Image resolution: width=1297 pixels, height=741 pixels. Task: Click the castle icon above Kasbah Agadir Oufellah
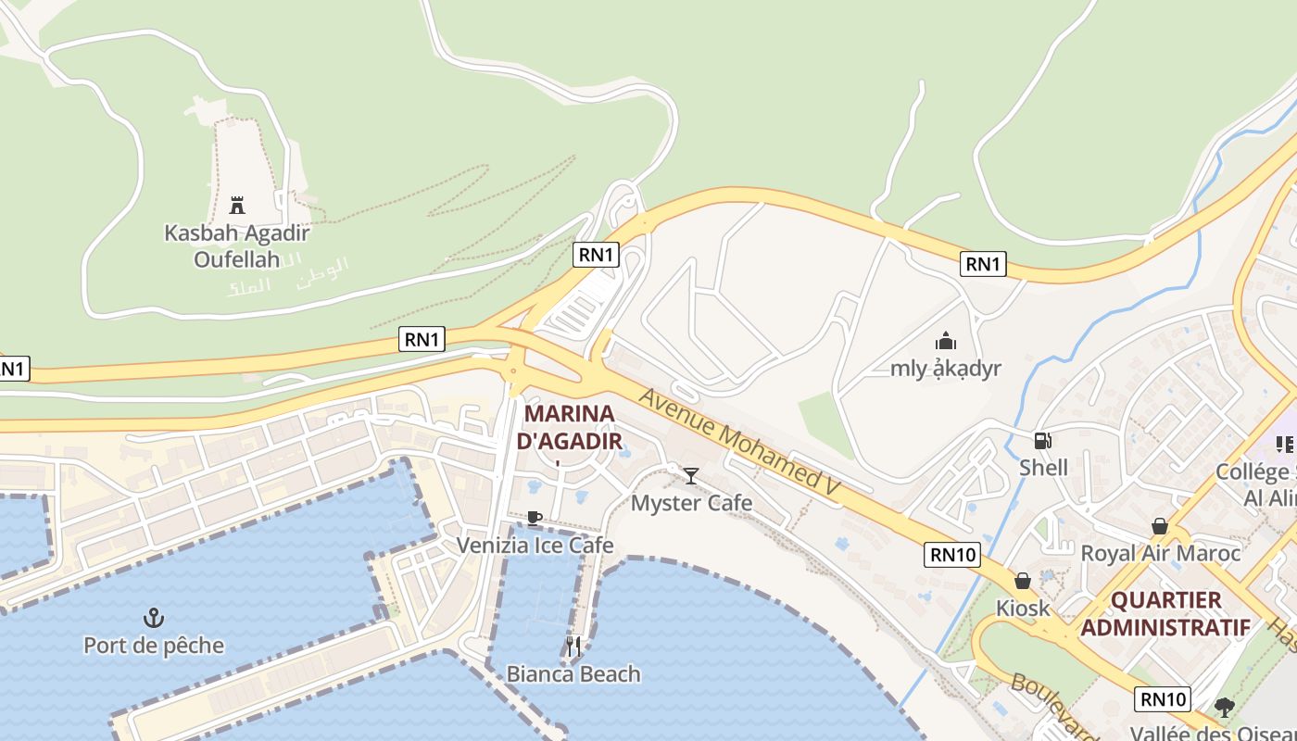[237, 205]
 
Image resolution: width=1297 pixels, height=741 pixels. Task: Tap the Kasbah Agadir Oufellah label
[236, 245]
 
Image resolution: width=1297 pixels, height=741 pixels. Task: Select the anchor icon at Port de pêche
[154, 617]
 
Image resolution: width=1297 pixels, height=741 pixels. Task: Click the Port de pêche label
[154, 645]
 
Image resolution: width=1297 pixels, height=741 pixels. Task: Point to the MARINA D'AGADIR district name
[569, 427]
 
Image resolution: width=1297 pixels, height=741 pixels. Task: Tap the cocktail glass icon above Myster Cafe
[691, 476]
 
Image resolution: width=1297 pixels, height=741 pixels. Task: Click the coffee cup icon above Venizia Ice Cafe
[535, 518]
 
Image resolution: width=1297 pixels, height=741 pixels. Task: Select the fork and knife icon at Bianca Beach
[573, 646]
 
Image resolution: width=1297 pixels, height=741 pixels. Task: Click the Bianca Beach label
[573, 673]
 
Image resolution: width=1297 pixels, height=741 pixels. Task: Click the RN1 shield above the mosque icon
[983, 264]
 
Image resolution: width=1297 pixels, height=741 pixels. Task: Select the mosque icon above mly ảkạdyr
[945, 341]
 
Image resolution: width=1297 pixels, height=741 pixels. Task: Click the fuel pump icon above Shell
[1043, 441]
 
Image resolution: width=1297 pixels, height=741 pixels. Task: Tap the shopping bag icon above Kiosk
[1023, 581]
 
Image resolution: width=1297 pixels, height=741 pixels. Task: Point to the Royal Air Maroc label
[1161, 553]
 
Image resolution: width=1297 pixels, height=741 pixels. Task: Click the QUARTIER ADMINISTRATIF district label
[1165, 613]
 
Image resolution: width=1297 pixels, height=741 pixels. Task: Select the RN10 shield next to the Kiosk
[952, 555]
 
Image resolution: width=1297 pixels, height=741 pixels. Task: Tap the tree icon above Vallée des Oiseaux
[1225, 708]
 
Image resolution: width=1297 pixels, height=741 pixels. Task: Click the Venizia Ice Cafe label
[535, 545]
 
